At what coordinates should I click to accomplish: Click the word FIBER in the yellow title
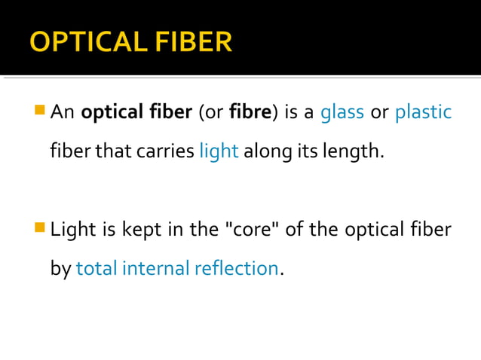pos(192,41)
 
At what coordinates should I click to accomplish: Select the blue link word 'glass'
pos(342,113)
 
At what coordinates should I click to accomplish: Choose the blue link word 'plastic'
pos(423,113)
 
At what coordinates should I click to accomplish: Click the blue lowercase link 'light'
pos(219,151)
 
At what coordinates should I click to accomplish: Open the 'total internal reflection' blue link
pos(177,268)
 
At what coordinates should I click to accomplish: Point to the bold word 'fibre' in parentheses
pos(250,113)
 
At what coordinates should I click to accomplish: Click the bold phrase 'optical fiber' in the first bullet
pos(136,113)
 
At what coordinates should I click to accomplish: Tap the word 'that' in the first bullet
pos(115,151)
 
